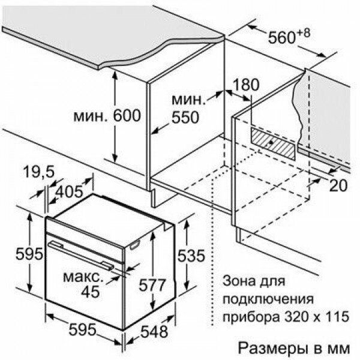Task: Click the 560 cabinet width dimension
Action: pos(281,38)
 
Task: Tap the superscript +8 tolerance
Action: pos(302,33)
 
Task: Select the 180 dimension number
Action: pos(246,85)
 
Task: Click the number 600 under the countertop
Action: pos(127,115)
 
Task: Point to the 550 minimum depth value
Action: pos(185,118)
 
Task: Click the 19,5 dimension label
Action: pos(39,172)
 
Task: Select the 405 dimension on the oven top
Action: pos(70,192)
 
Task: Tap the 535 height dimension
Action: pos(191,256)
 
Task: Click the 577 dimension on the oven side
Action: pos(152,285)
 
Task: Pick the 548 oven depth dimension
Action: pos(154,332)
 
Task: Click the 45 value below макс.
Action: pos(91,292)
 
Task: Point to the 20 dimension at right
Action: pos(338,185)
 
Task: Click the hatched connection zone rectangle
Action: pos(272,143)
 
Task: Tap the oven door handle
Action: pos(81,255)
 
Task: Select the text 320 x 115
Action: pos(317,317)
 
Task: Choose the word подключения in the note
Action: pos(269,299)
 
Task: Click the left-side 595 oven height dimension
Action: pos(29,254)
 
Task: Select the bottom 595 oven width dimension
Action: pos(83,330)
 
